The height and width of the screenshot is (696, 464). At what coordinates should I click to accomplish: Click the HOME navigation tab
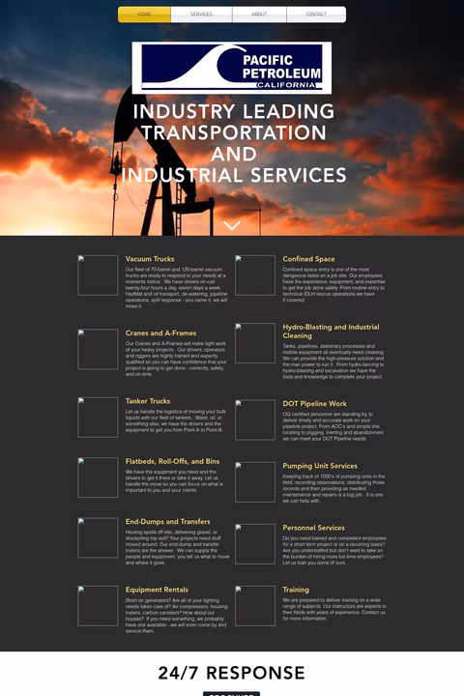pos(144,14)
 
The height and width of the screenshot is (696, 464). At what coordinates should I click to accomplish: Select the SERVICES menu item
pos(201,14)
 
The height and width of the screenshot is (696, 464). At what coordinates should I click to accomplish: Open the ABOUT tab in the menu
pos(259,14)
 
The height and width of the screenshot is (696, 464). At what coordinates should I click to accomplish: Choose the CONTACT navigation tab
pos(316,14)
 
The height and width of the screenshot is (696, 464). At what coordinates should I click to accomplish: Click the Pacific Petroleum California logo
pos(232,68)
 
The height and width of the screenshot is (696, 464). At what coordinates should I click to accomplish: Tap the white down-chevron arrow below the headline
pos(232,226)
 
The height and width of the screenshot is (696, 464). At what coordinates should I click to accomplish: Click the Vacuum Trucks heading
pos(150,259)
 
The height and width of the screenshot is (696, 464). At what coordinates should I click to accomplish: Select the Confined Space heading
pos(308,259)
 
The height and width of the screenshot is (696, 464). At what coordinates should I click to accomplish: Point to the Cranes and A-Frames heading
pos(160,333)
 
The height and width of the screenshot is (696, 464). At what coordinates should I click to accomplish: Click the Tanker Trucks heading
pos(148,401)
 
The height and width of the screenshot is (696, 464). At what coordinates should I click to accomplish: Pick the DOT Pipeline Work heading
pos(314,403)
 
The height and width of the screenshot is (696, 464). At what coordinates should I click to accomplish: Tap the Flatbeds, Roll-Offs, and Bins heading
pos(172,461)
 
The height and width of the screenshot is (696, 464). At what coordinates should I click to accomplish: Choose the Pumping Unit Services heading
pos(320,466)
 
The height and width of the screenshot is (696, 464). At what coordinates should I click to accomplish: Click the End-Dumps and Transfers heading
pos(168,522)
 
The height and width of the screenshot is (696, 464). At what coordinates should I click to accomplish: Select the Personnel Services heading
pos(313,528)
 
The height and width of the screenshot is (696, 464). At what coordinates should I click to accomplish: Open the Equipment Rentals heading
pos(157,590)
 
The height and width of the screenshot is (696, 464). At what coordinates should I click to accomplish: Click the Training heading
pos(296,590)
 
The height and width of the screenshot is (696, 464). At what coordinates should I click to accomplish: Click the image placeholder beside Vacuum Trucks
pos(98,275)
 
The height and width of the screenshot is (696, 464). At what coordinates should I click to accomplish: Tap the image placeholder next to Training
pos(255,605)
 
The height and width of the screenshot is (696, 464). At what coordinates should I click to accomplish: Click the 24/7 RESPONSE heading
pos(232,673)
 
